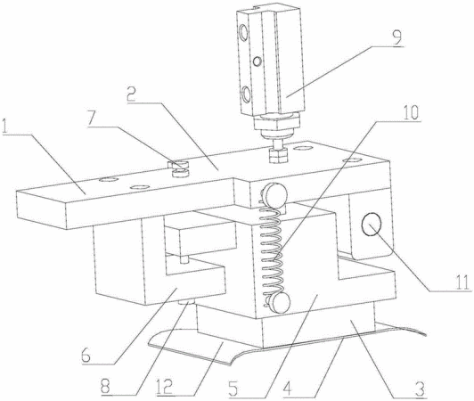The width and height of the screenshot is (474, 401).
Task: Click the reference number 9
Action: point(397,37)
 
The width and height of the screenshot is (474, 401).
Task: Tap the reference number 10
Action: point(411,112)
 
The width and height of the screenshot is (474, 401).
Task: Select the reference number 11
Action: point(462,283)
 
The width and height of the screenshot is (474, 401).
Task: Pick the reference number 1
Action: point(5,127)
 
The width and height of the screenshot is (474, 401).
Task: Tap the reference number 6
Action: point(86,356)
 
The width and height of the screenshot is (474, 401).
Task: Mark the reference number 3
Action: point(420,389)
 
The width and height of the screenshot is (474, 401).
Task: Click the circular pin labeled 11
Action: point(372,224)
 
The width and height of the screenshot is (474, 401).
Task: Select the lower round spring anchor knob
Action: point(278,302)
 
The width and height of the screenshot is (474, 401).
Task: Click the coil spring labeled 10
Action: point(273,249)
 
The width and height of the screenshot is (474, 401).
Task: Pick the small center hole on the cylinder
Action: point(257,61)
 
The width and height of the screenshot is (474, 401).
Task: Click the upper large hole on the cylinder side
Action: point(243,33)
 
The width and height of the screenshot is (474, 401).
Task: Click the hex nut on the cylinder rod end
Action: point(277,155)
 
